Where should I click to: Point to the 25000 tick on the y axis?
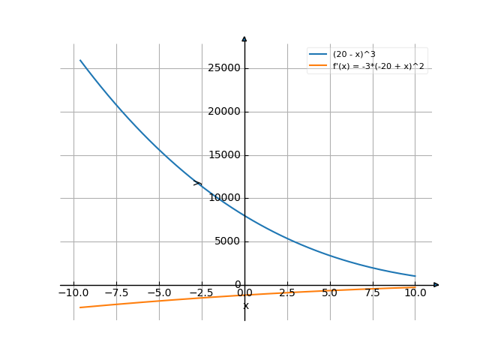224,68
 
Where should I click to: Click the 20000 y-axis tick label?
224,112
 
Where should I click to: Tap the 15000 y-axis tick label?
224,155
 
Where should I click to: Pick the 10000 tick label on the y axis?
224,198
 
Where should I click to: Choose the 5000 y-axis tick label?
226,241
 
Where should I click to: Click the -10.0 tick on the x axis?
73,293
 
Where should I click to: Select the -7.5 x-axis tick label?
116,293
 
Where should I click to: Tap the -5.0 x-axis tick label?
159,293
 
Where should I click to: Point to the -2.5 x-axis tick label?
202,293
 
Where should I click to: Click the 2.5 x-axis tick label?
287,293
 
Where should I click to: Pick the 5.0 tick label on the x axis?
330,293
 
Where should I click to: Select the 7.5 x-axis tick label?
373,293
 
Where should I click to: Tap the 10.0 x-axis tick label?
415,293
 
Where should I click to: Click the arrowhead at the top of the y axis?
244,38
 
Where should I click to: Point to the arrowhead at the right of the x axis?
436,285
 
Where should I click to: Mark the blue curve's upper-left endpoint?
80,60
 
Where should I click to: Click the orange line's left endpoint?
80,307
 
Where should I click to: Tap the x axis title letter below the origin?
245,305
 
